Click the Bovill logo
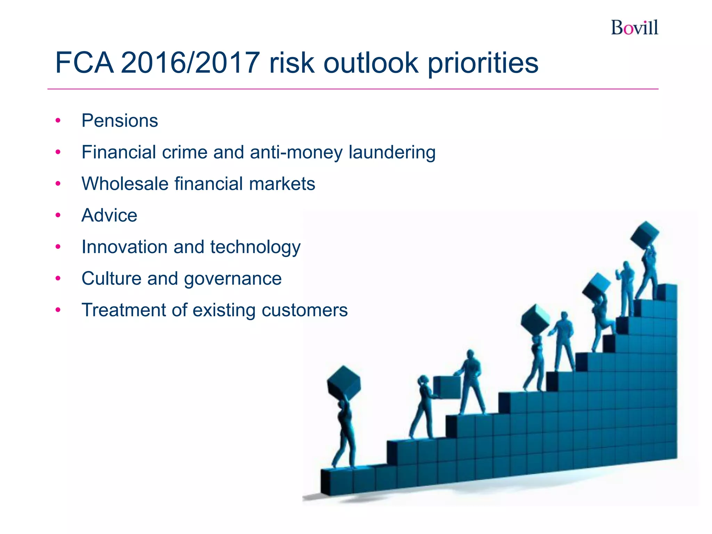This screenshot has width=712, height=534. click(x=634, y=27)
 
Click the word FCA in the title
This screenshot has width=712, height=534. click(x=84, y=63)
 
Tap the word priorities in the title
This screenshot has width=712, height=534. click(x=483, y=64)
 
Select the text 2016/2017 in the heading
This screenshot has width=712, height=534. click(x=190, y=63)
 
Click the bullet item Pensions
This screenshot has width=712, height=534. click(x=120, y=121)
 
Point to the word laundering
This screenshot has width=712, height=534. click(x=392, y=152)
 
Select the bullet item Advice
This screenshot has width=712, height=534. click(x=109, y=215)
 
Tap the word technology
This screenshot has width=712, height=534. click(x=255, y=247)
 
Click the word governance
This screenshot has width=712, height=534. click(x=233, y=279)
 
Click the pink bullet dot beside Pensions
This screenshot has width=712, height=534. click(x=58, y=121)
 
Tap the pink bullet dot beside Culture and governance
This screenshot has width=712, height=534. click(x=58, y=278)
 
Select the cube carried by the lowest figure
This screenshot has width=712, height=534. click(x=343, y=382)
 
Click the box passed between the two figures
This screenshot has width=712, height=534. click(x=447, y=387)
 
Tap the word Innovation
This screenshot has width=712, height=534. click(x=124, y=247)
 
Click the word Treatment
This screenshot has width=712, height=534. click(x=123, y=310)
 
